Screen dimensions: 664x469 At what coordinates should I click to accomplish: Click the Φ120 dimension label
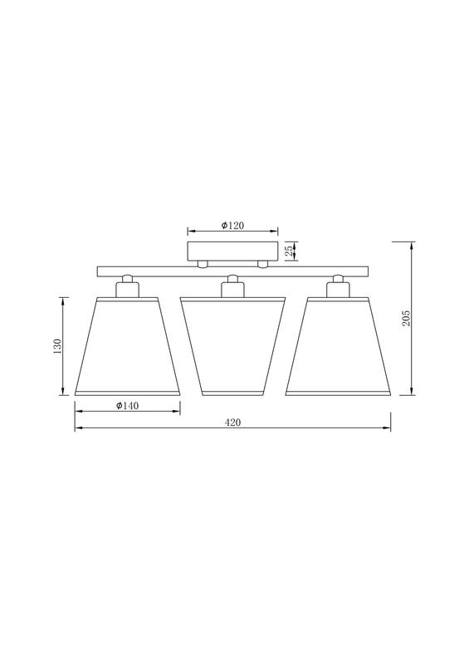[x=232, y=226]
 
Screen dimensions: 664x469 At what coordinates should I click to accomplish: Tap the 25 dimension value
[x=288, y=251]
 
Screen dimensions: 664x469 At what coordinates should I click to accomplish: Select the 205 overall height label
[x=406, y=319]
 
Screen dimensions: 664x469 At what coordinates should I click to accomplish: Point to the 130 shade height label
[x=57, y=345]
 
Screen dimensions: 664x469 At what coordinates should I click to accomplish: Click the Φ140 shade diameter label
[x=127, y=405]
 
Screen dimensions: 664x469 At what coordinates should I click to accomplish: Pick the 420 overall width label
[x=233, y=422]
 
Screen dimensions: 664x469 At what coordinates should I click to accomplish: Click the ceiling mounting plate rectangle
[x=233, y=251]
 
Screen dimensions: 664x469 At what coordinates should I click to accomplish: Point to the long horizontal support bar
[x=233, y=271]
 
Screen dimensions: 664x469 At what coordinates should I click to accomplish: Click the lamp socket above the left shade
[x=127, y=287]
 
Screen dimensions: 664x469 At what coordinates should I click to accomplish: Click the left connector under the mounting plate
[x=203, y=264]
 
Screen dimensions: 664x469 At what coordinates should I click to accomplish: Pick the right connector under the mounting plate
[x=262, y=264]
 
